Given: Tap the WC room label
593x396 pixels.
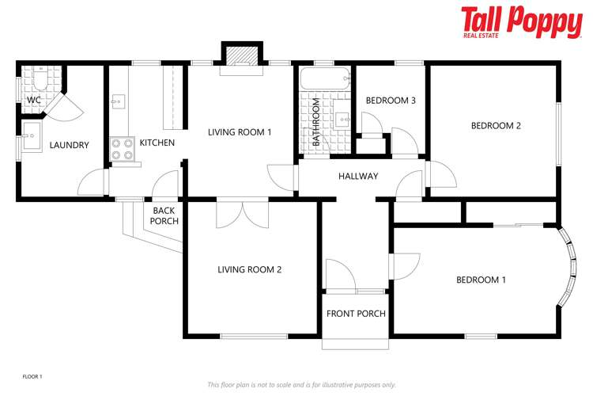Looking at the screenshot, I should click(x=34, y=101).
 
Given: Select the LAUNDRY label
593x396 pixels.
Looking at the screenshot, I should click(x=69, y=145).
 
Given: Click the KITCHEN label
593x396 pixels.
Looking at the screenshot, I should click(x=157, y=143).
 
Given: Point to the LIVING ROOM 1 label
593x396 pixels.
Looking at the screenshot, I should click(x=240, y=131).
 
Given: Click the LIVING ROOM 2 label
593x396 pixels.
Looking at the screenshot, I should click(x=250, y=269).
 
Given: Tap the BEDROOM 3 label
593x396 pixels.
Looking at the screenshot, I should click(x=391, y=101).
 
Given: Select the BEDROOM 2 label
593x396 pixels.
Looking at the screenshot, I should click(x=496, y=125).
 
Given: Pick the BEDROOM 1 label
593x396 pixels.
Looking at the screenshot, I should click(x=481, y=280).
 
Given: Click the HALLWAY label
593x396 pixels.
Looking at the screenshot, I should click(x=358, y=176).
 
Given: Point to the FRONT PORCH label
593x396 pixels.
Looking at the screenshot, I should click(x=356, y=314).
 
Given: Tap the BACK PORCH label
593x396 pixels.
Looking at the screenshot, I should click(x=164, y=215).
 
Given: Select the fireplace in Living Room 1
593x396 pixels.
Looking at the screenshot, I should click(x=240, y=56).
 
